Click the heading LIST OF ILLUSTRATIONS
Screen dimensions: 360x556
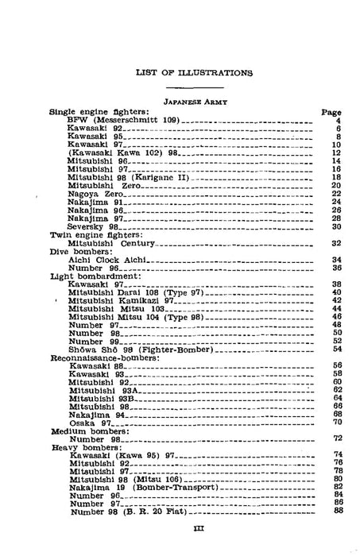click(x=195, y=72)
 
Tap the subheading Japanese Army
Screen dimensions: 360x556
click(x=195, y=102)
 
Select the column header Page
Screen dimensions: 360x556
click(x=331, y=112)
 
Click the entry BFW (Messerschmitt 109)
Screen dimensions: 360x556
click(x=124, y=120)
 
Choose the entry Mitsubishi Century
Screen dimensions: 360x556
click(x=111, y=243)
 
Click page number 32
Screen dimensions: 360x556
click(x=336, y=243)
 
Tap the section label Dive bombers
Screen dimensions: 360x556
click(x=85, y=252)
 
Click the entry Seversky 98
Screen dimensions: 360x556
click(x=93, y=226)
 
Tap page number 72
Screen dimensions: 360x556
click(x=336, y=438)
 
